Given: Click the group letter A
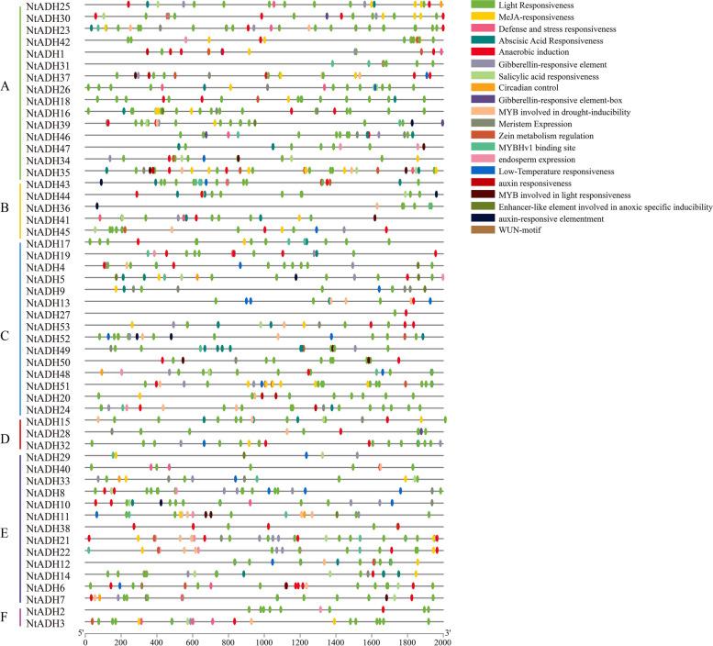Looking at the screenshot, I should pyautogui.click(x=6, y=87).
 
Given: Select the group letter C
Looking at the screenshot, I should pyautogui.click(x=6, y=336).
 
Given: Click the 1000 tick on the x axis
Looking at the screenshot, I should pyautogui.click(x=264, y=640).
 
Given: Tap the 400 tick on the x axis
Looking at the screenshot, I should pyautogui.click(x=156, y=640).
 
